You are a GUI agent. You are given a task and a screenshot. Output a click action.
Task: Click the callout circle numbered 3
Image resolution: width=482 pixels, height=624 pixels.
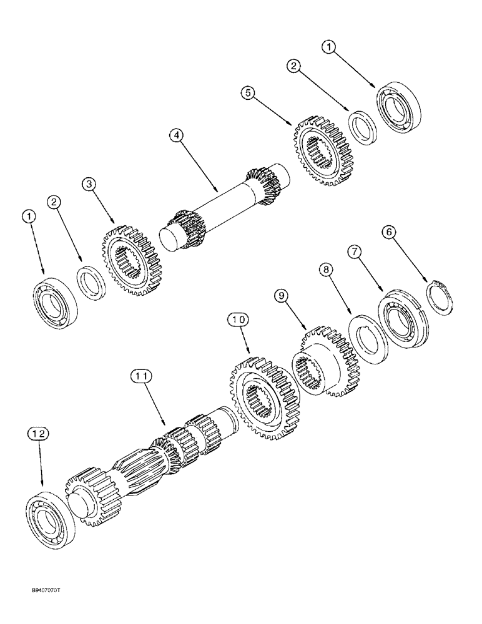(x=90, y=185)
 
